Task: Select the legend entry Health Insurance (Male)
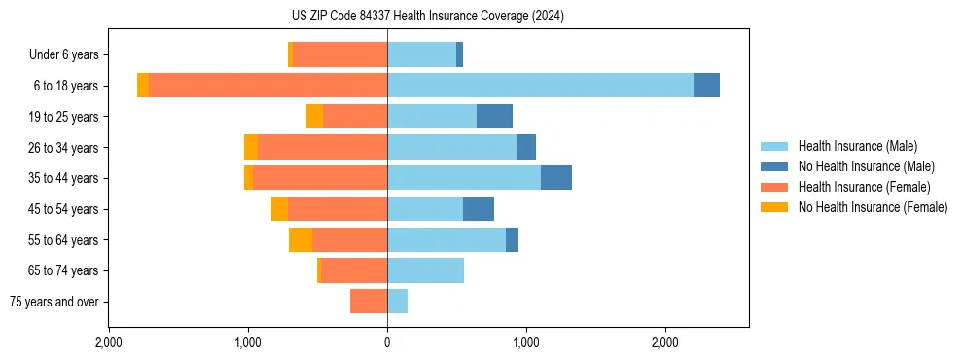click(x=857, y=146)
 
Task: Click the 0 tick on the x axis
click(x=387, y=342)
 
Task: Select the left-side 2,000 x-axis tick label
click(x=109, y=342)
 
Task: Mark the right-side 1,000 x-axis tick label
click(x=526, y=342)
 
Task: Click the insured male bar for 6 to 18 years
click(x=540, y=86)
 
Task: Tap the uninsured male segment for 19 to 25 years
click(x=494, y=117)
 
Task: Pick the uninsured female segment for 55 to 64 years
click(x=301, y=239)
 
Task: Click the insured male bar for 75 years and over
click(x=397, y=302)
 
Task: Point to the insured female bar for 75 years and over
click(x=369, y=302)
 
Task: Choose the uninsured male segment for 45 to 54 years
click(x=479, y=209)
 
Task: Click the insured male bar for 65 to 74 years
click(x=425, y=270)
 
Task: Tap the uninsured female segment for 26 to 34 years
click(x=251, y=147)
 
